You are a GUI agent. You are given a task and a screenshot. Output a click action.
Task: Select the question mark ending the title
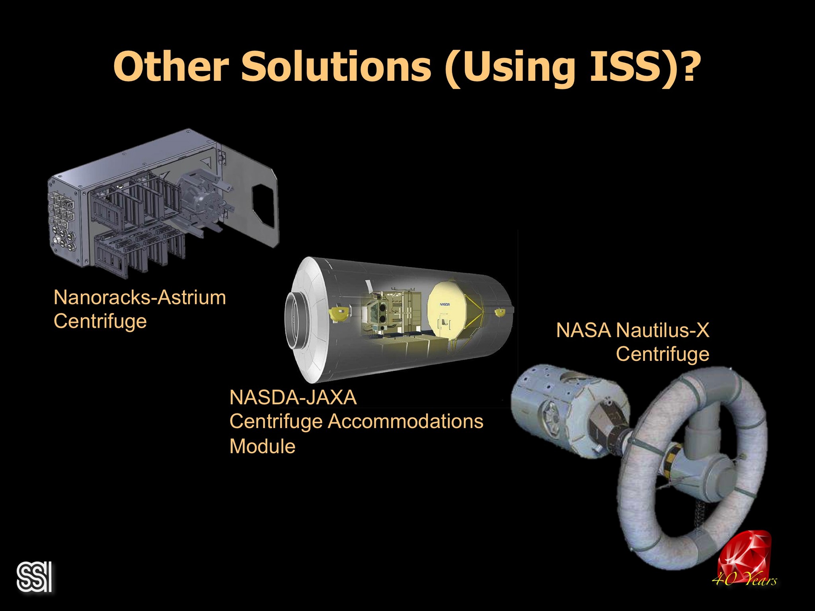pyautogui.click(x=686, y=65)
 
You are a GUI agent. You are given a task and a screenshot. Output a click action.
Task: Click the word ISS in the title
pyautogui.click(x=621, y=66)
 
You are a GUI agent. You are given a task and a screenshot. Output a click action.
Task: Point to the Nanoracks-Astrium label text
pyautogui.click(x=140, y=298)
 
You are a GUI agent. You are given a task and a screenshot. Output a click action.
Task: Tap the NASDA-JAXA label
pyautogui.click(x=293, y=397)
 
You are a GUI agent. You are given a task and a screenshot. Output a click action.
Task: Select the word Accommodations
pyautogui.click(x=405, y=421)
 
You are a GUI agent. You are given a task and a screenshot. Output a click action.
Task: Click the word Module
pyautogui.click(x=262, y=446)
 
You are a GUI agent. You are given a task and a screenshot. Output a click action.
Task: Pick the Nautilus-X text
pyautogui.click(x=662, y=330)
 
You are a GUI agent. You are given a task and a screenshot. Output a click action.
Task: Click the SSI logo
pyautogui.click(x=35, y=576)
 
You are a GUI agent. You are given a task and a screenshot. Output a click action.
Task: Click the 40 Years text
pyautogui.click(x=744, y=580)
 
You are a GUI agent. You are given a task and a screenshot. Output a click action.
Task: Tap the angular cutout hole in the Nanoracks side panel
pyautogui.click(x=263, y=203)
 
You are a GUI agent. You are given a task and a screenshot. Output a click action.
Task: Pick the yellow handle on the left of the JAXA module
pyautogui.click(x=339, y=313)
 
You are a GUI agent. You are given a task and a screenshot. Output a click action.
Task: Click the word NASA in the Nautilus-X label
pyautogui.click(x=583, y=330)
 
